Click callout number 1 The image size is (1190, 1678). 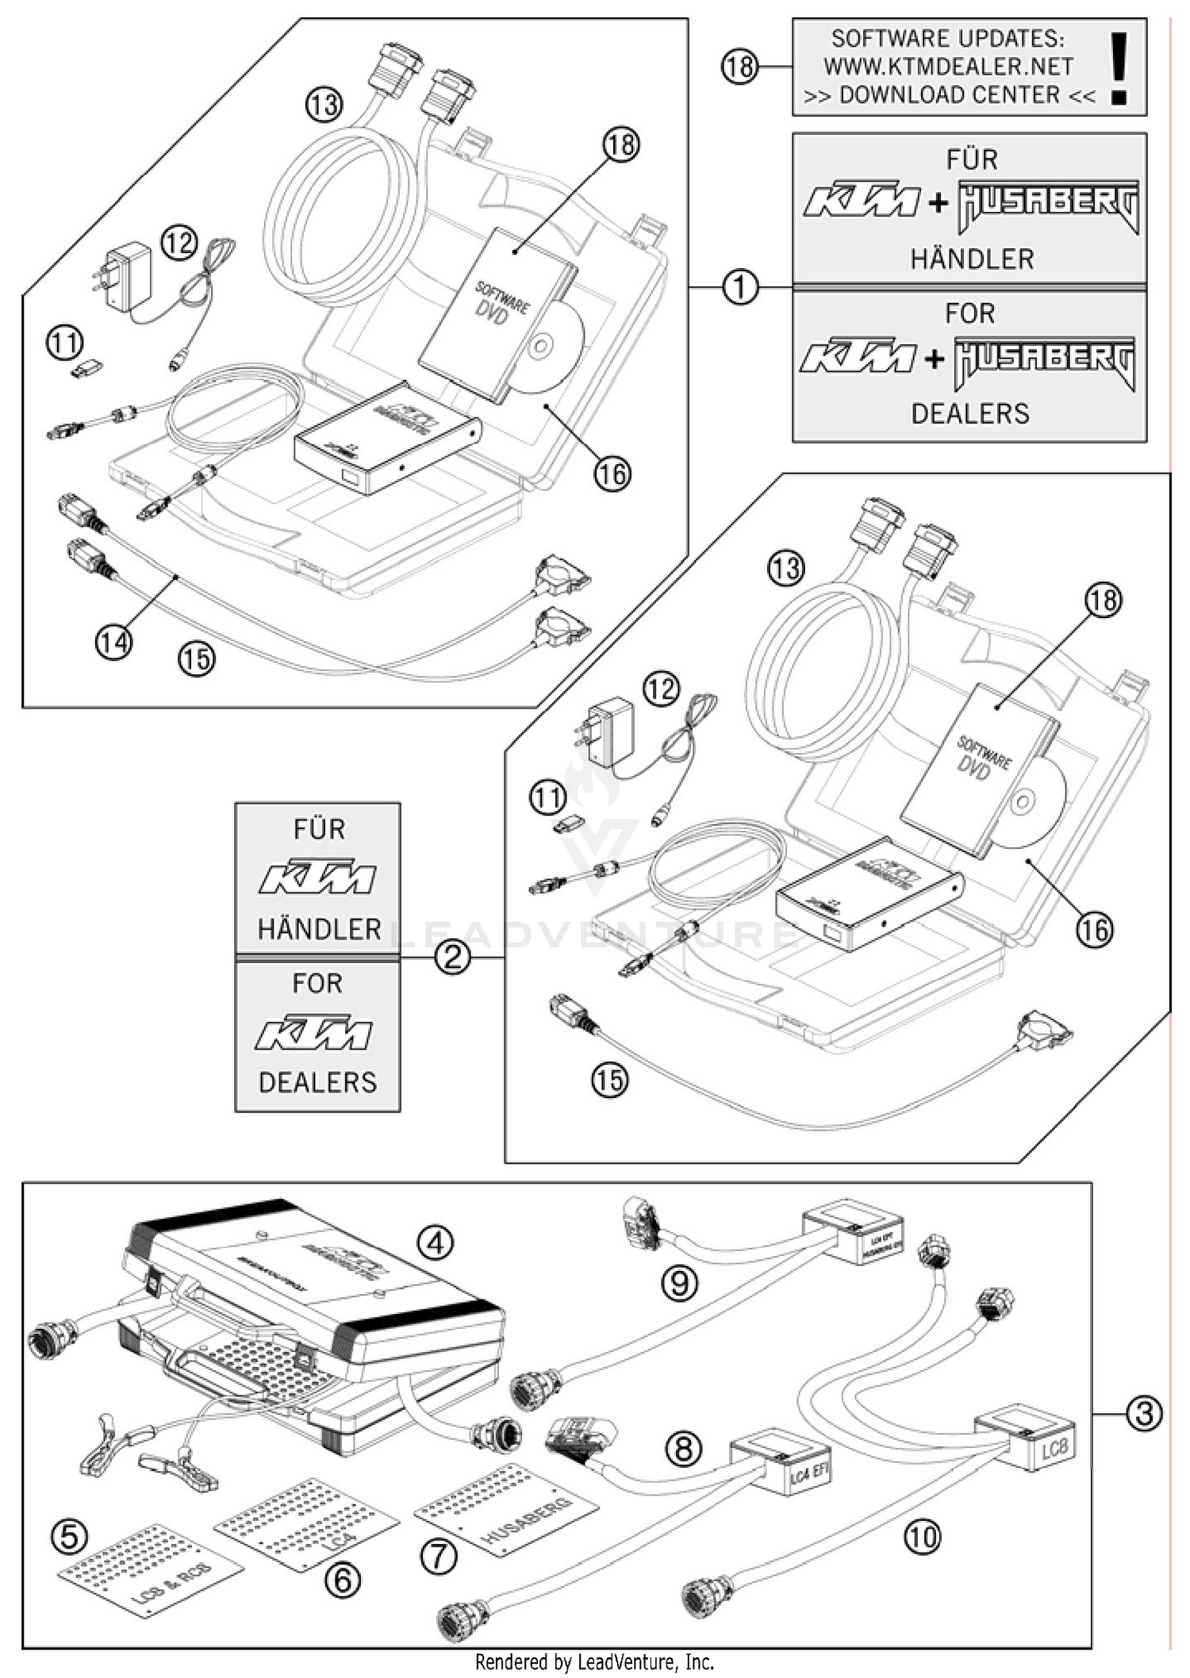point(739,287)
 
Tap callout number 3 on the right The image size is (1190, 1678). point(1143,1413)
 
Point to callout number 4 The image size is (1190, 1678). point(435,1243)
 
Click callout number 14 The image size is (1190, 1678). point(113,642)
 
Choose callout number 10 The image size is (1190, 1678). point(922,1538)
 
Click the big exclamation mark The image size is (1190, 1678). point(1119,69)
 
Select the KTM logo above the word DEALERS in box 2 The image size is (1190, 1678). point(313,1033)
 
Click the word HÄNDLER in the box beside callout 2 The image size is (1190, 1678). point(319,929)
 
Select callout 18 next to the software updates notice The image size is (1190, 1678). point(739,67)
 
